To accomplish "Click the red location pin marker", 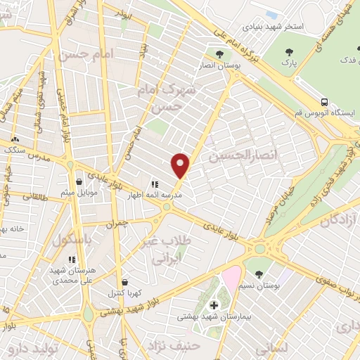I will click(181, 165).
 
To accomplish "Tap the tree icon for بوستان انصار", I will click(220, 54).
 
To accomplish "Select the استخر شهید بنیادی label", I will click(274, 27).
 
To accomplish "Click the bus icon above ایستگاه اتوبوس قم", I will click(324, 101).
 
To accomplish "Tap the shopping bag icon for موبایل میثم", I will click(79, 181).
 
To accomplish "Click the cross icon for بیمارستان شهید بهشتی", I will click(214, 304).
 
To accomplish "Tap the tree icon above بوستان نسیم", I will click(258, 274).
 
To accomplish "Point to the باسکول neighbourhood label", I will click(72, 238).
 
